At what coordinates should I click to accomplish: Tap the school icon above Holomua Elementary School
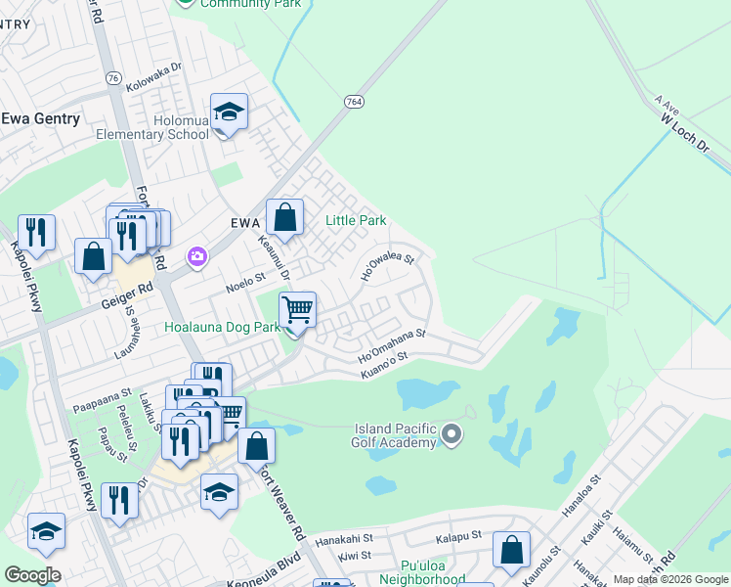(x=229, y=113)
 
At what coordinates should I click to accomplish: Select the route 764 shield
(x=354, y=101)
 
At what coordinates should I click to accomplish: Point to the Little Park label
(x=356, y=221)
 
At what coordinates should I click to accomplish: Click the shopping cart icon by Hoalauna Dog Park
(x=297, y=310)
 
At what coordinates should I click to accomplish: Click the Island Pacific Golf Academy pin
(x=451, y=432)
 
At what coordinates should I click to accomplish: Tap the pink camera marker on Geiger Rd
(x=198, y=256)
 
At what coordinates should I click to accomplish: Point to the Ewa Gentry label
(x=40, y=118)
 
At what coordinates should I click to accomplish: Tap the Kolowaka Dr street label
(x=154, y=73)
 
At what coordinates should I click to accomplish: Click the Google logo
(x=32, y=575)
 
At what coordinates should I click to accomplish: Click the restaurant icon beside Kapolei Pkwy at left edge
(x=36, y=232)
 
